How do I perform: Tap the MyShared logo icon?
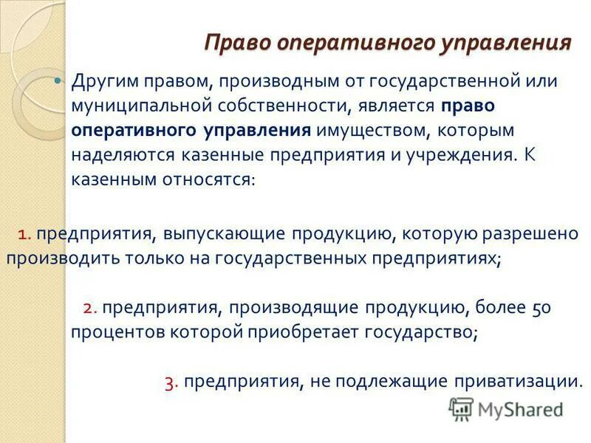(x=462, y=409)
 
